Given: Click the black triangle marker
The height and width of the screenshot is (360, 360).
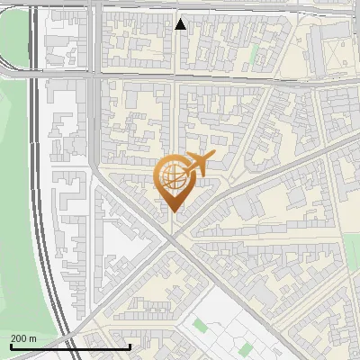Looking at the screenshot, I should (x=181, y=24).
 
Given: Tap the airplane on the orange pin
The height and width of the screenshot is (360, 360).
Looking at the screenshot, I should (x=198, y=163).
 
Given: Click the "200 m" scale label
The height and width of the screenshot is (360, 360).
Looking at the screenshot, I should (x=23, y=338).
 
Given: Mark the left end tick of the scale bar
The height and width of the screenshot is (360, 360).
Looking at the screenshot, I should (x=10, y=345).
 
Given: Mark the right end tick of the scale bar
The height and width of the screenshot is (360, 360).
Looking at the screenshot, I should (x=130, y=345).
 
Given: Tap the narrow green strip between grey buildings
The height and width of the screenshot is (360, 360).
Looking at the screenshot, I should (x=254, y=53).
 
